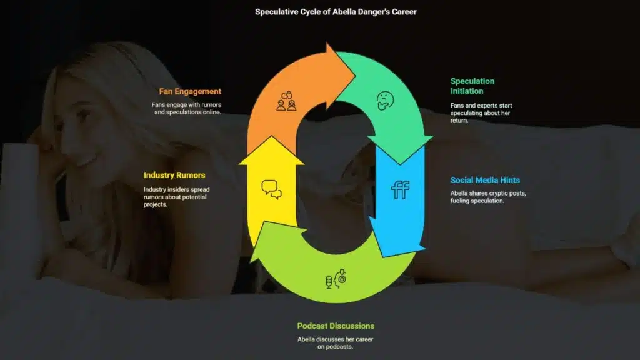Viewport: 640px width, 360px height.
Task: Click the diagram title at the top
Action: click(336, 12)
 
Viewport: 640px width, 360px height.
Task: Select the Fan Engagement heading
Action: click(190, 91)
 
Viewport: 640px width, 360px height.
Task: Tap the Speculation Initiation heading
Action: click(472, 86)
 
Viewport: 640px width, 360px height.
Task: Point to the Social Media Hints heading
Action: click(485, 180)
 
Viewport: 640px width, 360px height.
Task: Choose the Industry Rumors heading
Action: click(174, 175)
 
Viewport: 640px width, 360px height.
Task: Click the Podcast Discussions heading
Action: click(336, 326)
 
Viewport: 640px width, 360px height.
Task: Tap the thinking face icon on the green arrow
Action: click(385, 101)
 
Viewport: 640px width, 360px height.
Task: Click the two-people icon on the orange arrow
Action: click(286, 101)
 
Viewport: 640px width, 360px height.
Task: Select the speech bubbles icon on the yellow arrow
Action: click(271, 189)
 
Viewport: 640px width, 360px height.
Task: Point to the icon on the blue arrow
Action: click(400, 190)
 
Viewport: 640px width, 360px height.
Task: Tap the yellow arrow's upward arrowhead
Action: click(271, 151)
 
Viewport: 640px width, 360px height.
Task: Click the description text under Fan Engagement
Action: click(186, 108)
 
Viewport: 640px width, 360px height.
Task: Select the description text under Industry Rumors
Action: click(176, 197)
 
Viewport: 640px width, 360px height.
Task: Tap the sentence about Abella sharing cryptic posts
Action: click(488, 197)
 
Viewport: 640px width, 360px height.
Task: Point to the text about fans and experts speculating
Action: click(481, 112)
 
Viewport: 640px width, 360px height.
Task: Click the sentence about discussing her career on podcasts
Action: click(335, 343)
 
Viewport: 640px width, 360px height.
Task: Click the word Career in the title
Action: click(404, 12)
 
